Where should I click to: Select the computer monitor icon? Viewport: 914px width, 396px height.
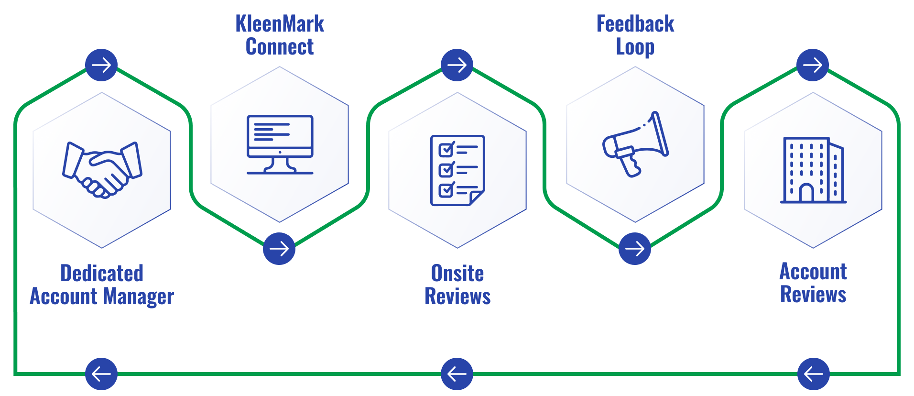pos(280,144)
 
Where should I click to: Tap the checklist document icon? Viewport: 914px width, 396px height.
pos(457,170)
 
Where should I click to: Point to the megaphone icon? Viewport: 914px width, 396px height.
pos(635,144)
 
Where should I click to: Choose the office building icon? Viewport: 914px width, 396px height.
pos(813,170)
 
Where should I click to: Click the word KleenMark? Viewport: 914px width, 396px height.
pos(280,24)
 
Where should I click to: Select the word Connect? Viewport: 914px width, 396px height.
pos(280,47)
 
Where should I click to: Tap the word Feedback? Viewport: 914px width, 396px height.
pos(635,24)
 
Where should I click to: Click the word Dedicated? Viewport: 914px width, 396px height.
pos(102,273)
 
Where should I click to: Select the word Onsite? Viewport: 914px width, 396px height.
pos(457,273)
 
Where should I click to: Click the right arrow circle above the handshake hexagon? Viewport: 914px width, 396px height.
pos(101,65)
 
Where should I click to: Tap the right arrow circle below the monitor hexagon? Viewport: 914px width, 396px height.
pos(279,249)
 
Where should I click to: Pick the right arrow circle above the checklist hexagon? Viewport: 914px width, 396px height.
pos(457,65)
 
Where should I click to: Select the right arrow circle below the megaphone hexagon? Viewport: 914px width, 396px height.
pos(635,249)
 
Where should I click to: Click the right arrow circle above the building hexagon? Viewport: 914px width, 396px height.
pos(813,65)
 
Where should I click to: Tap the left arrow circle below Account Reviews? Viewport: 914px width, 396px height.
pos(814,374)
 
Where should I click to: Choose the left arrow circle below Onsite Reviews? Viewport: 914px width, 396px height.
pos(457,374)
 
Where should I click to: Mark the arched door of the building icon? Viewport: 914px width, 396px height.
pos(806,193)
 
